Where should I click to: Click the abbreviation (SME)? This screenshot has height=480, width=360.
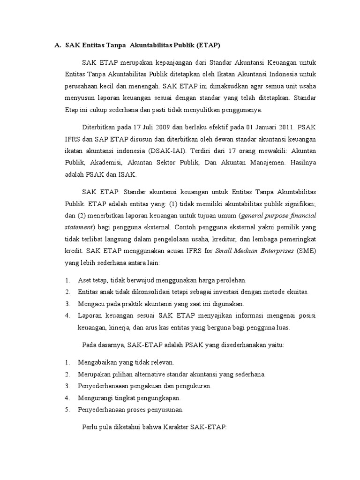(307, 251)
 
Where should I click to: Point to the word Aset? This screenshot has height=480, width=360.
(85, 280)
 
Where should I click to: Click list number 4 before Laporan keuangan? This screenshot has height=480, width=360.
(68, 315)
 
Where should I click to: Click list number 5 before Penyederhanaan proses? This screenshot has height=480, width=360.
(68, 410)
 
